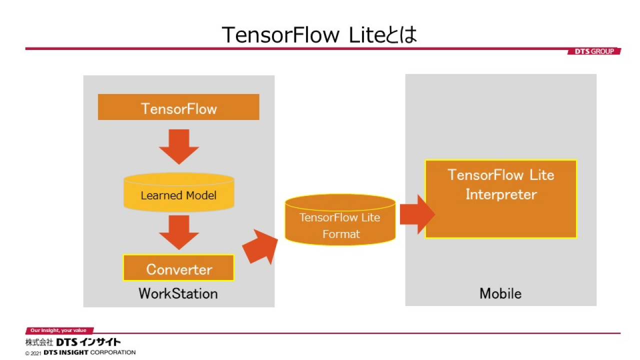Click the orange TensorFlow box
click(178, 107)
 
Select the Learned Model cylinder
click(179, 192)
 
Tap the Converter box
click(179, 267)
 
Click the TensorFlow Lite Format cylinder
click(340, 219)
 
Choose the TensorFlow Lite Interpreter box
click(500, 199)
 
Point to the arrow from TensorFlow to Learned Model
click(179, 146)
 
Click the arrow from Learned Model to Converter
click(179, 232)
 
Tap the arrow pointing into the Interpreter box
click(417, 214)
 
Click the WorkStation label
click(178, 293)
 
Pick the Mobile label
click(500, 293)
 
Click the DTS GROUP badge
click(594, 51)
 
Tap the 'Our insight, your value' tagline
click(58, 330)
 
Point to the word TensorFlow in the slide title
click(280, 35)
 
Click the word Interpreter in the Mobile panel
click(501, 194)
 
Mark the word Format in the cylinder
click(341, 234)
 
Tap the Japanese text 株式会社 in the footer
click(39, 342)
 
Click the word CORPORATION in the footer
click(113, 352)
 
